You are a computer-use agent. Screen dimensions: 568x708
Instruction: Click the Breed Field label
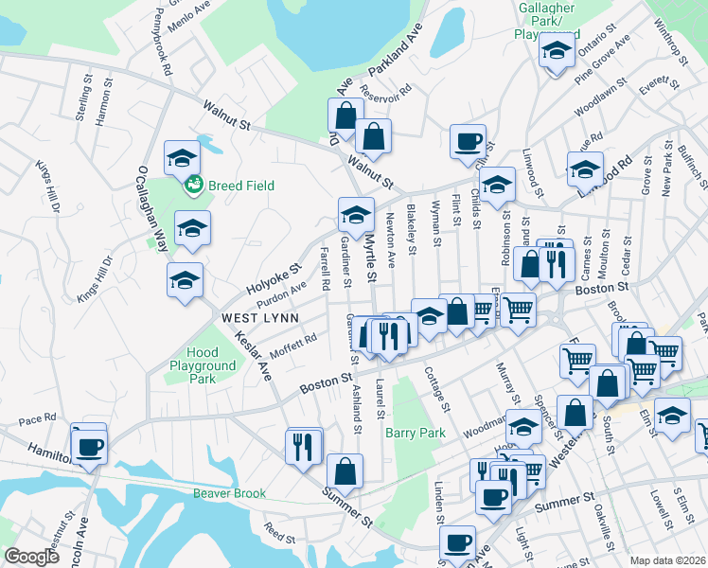point(241,186)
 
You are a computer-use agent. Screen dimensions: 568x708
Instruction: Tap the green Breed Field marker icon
point(194,185)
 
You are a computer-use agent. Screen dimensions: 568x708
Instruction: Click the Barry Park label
point(416,433)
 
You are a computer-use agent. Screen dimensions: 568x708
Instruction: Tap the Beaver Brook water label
point(230,493)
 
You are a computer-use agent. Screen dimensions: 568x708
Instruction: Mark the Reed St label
point(280,533)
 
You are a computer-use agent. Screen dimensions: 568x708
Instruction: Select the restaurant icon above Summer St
point(302,446)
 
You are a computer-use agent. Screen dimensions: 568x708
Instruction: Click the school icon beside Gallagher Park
point(558,49)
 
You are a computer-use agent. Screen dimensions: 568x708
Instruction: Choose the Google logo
point(32,556)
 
